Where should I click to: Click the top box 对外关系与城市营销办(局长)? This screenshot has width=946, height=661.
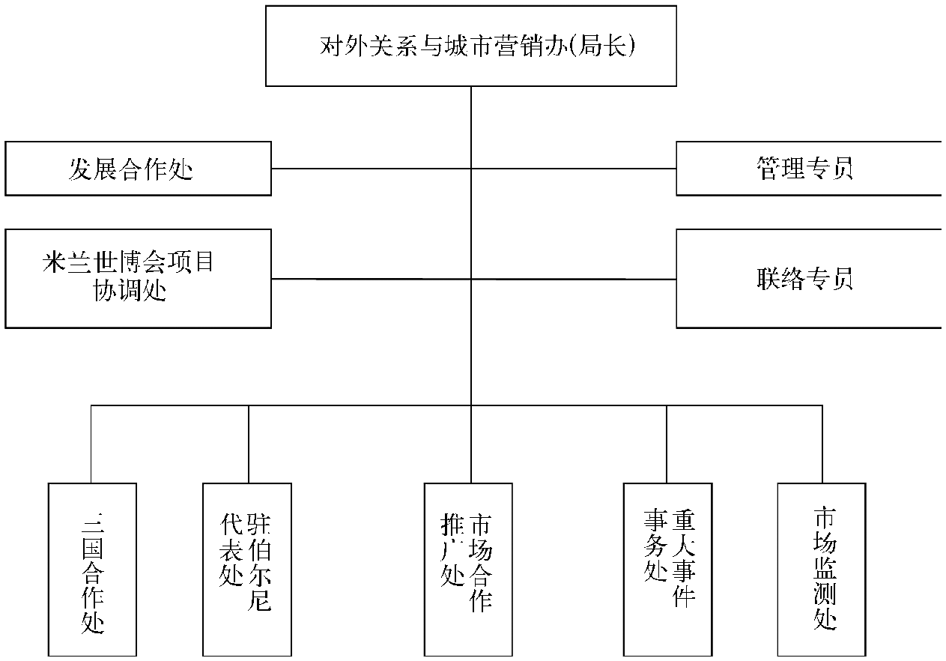471,46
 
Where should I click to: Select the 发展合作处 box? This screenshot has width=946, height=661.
138,169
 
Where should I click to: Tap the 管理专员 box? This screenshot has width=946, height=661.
809,169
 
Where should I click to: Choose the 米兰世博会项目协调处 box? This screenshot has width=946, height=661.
138,279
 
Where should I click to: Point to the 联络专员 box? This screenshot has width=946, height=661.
809,279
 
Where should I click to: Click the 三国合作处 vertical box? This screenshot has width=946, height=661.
92,570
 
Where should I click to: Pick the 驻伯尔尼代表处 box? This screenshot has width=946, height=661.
247,570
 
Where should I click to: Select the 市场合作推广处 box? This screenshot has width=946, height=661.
468,570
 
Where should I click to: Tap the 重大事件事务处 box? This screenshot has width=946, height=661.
668,570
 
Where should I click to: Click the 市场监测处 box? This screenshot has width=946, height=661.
822,570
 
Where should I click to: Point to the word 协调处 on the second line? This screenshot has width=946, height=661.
130,291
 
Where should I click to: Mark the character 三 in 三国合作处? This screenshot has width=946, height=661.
92,523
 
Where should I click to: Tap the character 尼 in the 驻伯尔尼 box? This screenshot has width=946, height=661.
259,600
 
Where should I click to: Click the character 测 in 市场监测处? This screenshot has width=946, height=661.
825,594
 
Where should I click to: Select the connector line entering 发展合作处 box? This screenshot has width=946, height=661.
372,169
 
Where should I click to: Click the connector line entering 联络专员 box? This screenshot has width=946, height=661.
574,279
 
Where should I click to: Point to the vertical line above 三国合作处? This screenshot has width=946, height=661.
91,444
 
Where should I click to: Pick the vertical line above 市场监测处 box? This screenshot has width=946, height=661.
822,444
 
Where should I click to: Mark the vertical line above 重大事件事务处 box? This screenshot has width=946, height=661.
667,444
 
